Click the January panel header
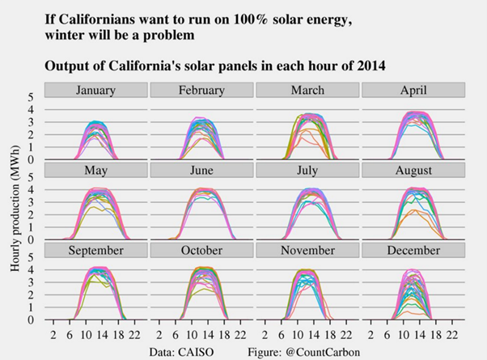coord(96,90)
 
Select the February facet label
coord(201,90)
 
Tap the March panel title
coord(307,90)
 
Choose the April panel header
coord(413,90)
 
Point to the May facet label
coord(96,170)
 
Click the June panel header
coord(201,170)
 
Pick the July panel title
coord(307,170)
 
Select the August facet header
coord(413,170)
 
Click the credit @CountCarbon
coord(327,352)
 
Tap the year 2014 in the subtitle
coord(367,65)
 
